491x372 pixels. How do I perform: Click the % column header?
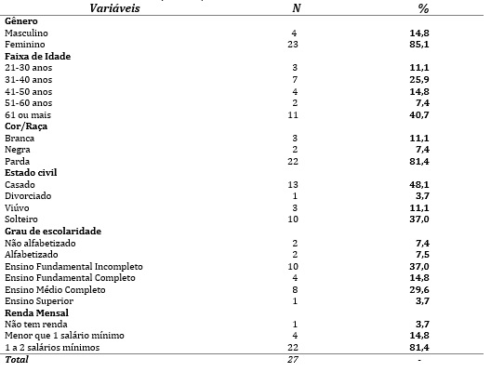click(422, 8)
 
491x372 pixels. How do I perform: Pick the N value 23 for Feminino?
click(293, 44)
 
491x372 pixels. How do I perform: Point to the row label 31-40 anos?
click(27, 79)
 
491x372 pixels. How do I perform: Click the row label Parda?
click(19, 160)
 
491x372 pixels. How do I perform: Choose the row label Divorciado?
click(29, 195)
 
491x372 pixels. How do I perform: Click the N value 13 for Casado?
click(293, 183)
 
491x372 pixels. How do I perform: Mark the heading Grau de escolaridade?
click(52, 230)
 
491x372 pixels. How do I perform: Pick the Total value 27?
click(293, 359)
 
